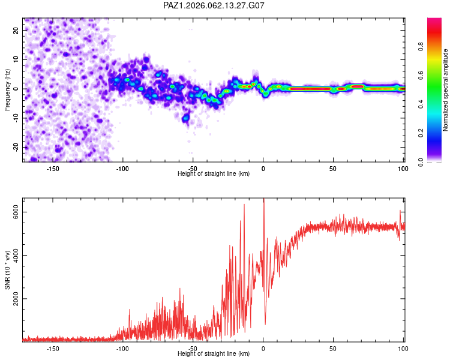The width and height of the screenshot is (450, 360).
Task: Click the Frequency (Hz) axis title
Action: [8, 88]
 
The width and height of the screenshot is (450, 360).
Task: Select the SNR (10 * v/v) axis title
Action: [8, 268]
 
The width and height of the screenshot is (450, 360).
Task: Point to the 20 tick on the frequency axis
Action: [17, 30]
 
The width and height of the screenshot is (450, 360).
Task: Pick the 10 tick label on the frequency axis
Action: [17, 59]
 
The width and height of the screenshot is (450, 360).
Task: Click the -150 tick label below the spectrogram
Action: [52, 169]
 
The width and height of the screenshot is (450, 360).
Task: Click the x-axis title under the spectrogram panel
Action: [214, 174]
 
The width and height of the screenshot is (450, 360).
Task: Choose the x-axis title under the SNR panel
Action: [214, 354]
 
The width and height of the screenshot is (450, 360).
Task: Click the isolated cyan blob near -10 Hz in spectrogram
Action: [186, 118]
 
